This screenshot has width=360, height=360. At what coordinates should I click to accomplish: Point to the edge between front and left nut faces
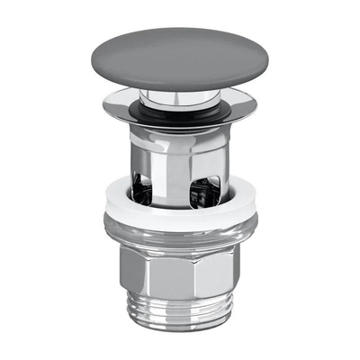[x=144, y=274]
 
